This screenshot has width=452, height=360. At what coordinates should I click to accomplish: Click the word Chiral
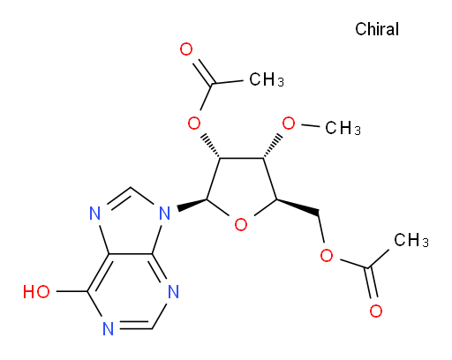[377, 29]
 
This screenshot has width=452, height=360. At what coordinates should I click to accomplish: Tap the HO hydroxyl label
[36, 292]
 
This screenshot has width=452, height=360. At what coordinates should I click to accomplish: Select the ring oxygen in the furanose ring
[241, 225]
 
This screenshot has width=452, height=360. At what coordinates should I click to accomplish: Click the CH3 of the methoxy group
[343, 128]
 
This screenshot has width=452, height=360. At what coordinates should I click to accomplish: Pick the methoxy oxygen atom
[289, 124]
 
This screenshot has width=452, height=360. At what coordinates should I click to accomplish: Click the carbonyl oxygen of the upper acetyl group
[186, 49]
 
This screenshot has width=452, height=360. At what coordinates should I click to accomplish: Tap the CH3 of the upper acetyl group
[267, 79]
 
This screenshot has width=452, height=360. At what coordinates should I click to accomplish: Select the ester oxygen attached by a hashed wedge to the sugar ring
[194, 124]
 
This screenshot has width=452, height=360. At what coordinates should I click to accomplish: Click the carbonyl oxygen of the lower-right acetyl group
[376, 311]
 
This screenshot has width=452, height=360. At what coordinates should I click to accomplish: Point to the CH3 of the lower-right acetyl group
[411, 240]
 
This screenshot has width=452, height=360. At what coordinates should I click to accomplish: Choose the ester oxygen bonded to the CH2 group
[327, 255]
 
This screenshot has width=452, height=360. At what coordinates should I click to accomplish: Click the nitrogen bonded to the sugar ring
[165, 214]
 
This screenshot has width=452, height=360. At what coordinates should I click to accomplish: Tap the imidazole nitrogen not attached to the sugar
[94, 214]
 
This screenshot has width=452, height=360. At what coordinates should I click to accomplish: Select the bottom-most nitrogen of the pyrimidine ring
[109, 329]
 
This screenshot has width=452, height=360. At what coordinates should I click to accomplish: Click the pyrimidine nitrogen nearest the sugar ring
[174, 292]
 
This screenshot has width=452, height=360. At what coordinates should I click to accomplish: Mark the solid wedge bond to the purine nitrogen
[192, 204]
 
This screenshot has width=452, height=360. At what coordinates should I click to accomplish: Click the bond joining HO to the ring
[72, 291]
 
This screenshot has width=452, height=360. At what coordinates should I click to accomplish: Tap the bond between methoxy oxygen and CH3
[311, 126]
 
